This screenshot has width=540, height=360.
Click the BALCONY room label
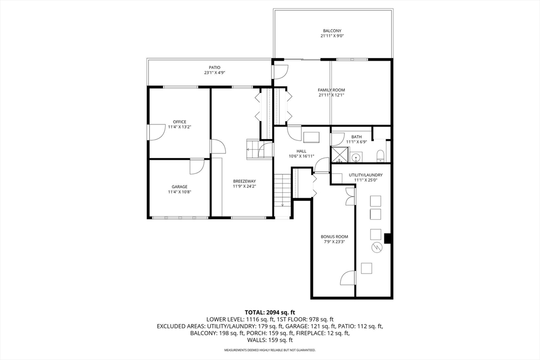(x=333, y=31)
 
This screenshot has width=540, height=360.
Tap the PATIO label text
(x=214, y=67)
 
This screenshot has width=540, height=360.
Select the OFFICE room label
(x=180, y=122)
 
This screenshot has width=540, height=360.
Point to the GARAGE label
(x=179, y=187)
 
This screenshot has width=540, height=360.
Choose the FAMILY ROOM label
(x=331, y=90)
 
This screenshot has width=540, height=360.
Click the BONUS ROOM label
(x=334, y=237)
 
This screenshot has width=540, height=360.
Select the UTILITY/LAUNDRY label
(x=365, y=175)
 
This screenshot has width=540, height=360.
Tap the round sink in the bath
(x=356, y=157)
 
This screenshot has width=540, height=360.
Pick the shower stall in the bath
(x=339, y=155)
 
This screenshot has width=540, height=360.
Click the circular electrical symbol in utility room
(x=377, y=247)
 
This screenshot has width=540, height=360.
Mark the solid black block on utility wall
(x=388, y=239)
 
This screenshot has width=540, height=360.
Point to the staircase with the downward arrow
(x=282, y=190)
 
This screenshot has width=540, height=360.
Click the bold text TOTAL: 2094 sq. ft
(x=269, y=312)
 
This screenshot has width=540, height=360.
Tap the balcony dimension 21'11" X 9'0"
(x=333, y=36)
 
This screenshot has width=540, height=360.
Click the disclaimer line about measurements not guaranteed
(x=269, y=350)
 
